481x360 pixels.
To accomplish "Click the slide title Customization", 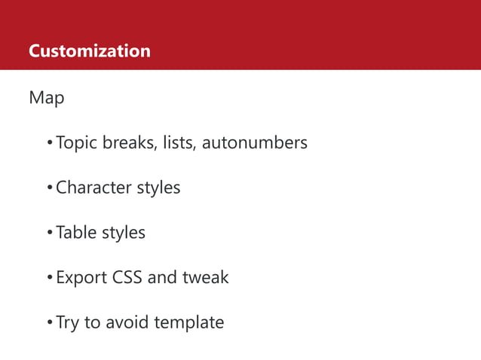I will pos(89,51).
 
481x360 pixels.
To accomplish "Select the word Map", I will pos(46,98).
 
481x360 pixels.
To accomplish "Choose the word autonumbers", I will pos(255,142).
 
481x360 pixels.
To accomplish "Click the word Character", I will pos(93,187).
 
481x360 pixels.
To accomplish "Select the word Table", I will pos(75,232).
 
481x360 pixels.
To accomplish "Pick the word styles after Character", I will pos(158,187).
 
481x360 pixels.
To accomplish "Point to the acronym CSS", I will pos(127,277).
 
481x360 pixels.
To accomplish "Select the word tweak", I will pos(205,277).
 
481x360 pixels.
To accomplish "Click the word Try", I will pos(68,322).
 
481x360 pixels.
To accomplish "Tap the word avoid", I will pos(127,322).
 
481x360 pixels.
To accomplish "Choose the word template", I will pos(189,322).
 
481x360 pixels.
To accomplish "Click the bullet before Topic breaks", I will pos(49,143).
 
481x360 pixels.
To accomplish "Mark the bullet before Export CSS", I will pos(49,278).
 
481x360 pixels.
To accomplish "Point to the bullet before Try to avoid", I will pos(49,323).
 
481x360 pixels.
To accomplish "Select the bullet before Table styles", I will pos(49,233).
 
